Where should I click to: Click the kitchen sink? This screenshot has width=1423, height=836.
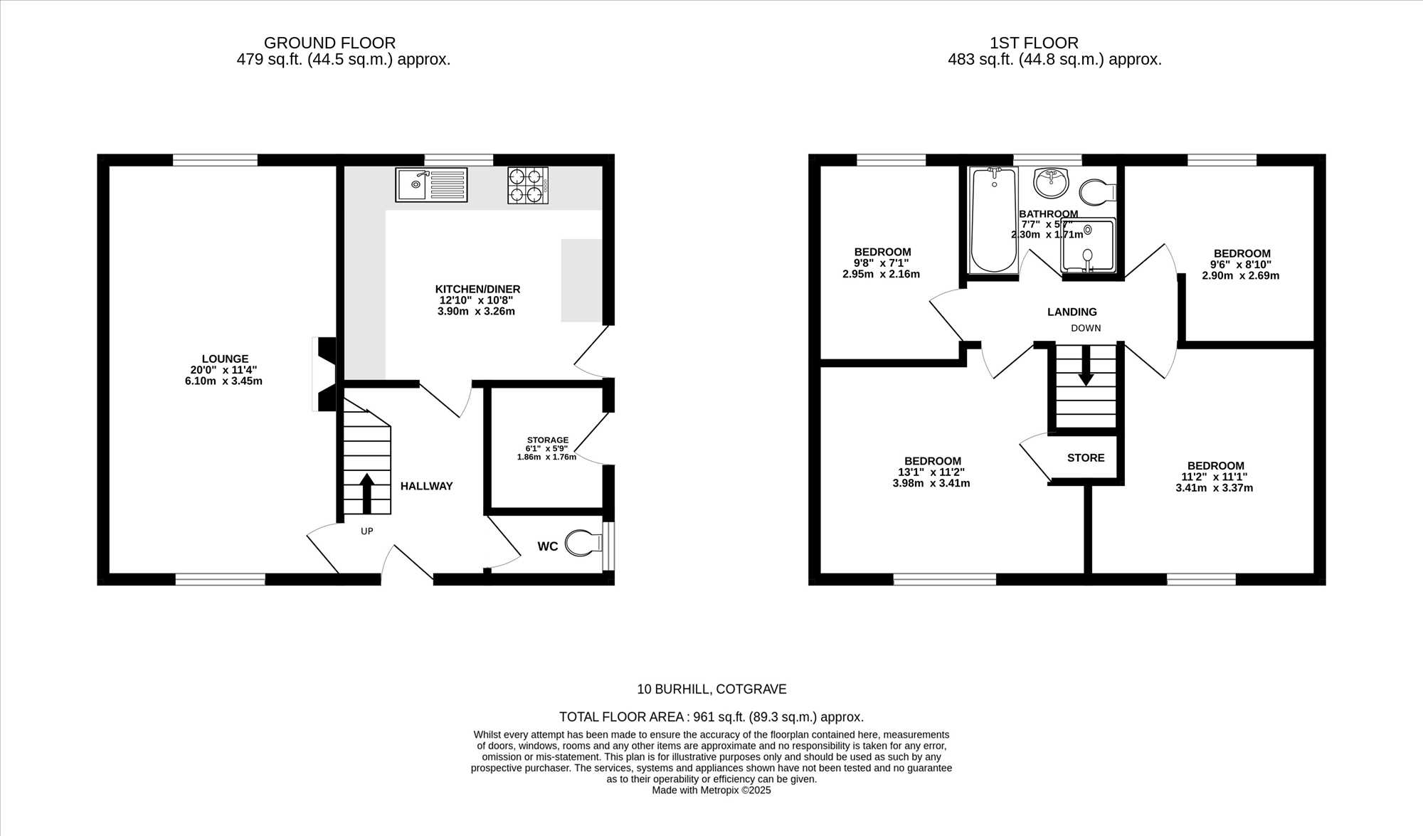[x=431, y=185]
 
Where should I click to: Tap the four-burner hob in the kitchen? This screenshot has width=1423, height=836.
[x=528, y=185]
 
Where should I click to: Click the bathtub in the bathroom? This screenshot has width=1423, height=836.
[x=994, y=219]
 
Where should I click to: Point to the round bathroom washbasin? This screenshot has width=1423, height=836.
[x=1050, y=183]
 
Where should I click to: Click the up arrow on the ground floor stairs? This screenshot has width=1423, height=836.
[x=366, y=493]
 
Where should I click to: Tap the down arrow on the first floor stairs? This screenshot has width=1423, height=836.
[x=1086, y=366]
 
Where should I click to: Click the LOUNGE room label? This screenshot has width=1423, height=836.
[x=225, y=359]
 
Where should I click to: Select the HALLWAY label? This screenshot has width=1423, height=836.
[x=426, y=486]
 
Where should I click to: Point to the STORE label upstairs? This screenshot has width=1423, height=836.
[x=1086, y=457]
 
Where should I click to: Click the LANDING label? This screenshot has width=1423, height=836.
[x=1072, y=312]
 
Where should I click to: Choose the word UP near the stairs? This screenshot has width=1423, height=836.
[x=367, y=531]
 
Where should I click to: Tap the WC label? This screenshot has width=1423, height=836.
[x=548, y=546]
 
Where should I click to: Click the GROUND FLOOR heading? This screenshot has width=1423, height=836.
[x=329, y=43]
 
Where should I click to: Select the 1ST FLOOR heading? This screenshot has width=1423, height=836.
[x=1034, y=43]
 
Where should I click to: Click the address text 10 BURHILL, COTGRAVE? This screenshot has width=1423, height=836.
[x=711, y=689]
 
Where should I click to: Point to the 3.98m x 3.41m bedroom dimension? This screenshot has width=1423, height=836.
[x=931, y=483]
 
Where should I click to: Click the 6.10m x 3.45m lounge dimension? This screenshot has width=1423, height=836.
[x=223, y=381]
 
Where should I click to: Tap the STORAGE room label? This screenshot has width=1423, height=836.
[x=548, y=440]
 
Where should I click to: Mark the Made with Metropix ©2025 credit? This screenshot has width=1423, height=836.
[x=711, y=790]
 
